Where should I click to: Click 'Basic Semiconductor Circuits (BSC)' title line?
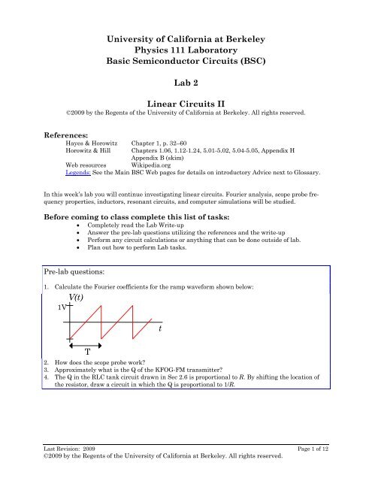(x=186, y=62)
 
